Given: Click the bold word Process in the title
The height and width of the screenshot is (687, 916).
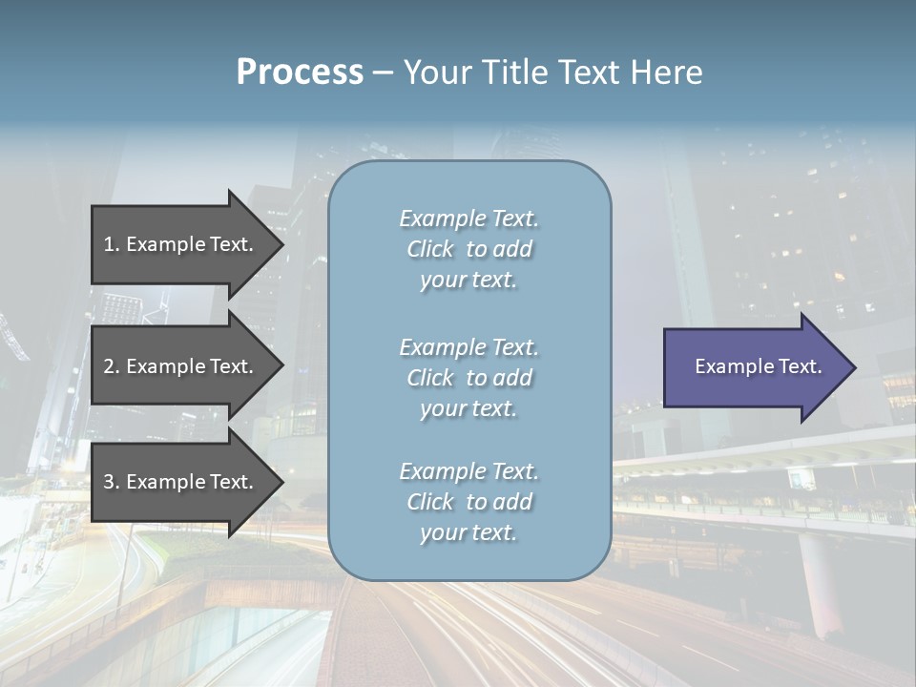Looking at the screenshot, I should click(300, 73).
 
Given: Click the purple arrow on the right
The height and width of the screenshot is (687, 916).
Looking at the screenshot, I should click(754, 366).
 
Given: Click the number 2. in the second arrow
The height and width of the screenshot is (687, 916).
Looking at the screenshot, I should click(112, 366).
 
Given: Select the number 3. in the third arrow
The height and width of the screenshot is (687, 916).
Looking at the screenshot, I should click(112, 482).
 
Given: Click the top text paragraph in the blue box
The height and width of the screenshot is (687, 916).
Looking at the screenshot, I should click(468, 249).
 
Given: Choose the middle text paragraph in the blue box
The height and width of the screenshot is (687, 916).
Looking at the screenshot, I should click(468, 378).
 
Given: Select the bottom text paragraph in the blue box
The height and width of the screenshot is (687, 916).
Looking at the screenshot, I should click(468, 502).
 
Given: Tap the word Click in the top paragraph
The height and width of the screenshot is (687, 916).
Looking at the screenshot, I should click(430, 249).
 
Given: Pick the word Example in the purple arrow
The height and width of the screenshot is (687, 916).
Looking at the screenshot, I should click(735, 366).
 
